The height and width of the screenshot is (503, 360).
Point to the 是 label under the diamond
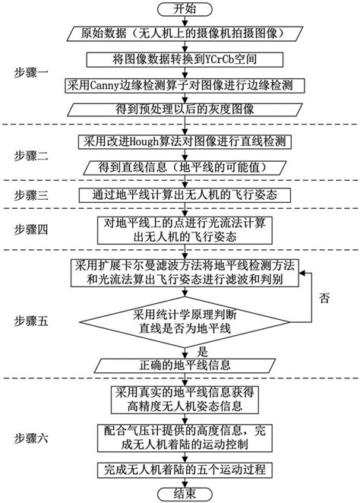coord(202,351)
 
